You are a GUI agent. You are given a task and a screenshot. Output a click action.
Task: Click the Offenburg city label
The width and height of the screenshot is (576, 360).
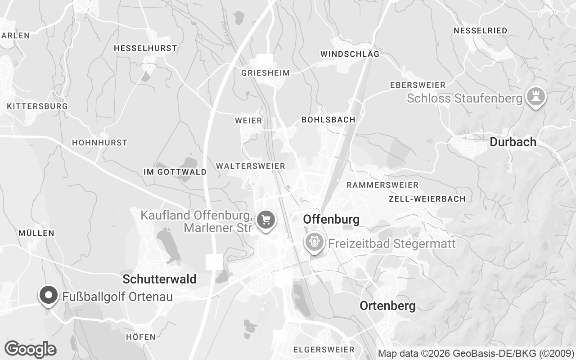[331, 220]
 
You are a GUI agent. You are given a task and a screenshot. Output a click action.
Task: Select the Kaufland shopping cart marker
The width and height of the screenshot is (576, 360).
[266, 220]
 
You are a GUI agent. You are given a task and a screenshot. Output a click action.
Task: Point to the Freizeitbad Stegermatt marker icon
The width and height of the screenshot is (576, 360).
[314, 242]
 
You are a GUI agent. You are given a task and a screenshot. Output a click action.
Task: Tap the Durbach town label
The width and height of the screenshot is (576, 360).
[513, 142]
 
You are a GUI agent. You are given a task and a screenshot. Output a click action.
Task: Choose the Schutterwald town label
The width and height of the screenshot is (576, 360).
[159, 279]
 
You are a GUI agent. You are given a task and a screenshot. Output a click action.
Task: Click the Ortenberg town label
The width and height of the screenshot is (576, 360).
[387, 306]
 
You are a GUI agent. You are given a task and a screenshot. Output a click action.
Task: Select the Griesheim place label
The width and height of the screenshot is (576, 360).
[265, 73]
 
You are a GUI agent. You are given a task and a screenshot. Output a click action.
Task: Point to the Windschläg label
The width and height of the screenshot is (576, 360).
[350, 54]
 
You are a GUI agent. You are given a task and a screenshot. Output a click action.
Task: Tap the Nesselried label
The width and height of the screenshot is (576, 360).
[480, 31]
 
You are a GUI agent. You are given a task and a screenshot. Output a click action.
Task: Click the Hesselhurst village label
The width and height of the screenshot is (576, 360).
[145, 48]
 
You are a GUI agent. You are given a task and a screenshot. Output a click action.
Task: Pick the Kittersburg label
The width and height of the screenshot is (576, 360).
[37, 106]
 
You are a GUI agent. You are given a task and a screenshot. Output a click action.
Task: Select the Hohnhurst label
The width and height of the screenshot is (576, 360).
[99, 143]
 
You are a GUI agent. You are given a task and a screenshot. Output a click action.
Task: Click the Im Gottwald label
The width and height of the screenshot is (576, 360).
[175, 172]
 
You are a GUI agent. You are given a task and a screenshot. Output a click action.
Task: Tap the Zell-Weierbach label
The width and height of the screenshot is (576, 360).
[427, 199]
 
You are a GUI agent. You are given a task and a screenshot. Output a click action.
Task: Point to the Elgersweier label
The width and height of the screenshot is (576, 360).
[324, 350]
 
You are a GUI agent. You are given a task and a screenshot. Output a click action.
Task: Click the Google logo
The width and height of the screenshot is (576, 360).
[30, 349]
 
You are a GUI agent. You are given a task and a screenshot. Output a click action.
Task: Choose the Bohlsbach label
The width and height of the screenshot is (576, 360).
[328, 120]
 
